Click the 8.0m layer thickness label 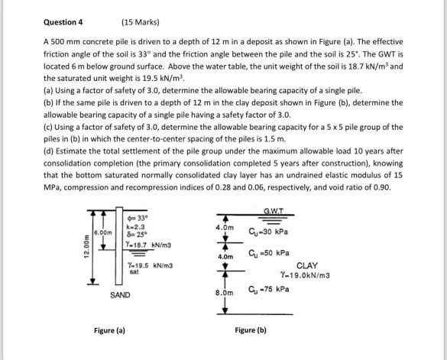(223, 291)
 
